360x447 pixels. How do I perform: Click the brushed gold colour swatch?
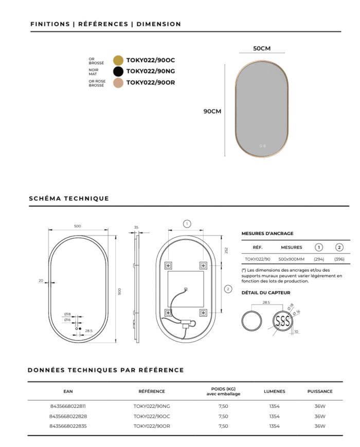118,61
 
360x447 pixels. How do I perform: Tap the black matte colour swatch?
118,71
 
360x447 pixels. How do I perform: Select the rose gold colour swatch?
118,82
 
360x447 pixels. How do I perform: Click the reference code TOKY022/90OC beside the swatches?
151,61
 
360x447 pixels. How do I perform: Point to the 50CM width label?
262,48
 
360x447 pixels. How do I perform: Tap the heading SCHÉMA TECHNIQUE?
69,199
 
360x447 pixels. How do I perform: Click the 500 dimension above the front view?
78,226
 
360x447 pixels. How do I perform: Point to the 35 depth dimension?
136,227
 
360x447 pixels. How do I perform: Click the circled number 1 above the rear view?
187,223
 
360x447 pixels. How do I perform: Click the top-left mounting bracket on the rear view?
168,266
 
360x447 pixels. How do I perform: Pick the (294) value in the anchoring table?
319,259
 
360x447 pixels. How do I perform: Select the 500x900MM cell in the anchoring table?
291,259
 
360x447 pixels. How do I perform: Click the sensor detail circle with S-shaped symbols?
282,321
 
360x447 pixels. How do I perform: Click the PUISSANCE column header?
320,391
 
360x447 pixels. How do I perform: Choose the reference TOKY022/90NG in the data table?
151,406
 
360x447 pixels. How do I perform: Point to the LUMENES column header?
274,391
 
